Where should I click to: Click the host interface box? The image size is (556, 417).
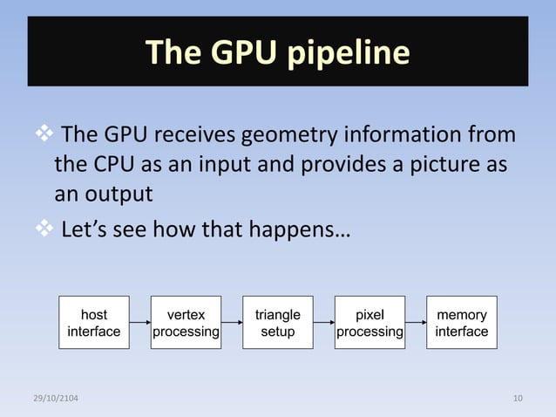[94, 323]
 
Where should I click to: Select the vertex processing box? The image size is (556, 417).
[186, 323]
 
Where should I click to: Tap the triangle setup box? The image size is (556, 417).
[277, 323]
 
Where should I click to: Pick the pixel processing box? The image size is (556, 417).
[370, 323]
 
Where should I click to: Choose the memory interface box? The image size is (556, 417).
[461, 323]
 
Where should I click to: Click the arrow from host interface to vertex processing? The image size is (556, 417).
[139, 323]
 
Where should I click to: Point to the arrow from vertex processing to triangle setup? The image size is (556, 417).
[231, 323]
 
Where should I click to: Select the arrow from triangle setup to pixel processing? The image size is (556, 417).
[323, 323]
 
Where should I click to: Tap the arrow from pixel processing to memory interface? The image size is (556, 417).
[416, 323]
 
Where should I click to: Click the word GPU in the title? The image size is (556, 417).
[239, 54]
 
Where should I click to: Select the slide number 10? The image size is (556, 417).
[519, 399]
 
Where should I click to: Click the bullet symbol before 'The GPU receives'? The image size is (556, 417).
[43, 136]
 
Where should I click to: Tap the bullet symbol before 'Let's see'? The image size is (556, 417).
[43, 231]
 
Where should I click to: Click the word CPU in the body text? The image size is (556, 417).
[112, 165]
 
